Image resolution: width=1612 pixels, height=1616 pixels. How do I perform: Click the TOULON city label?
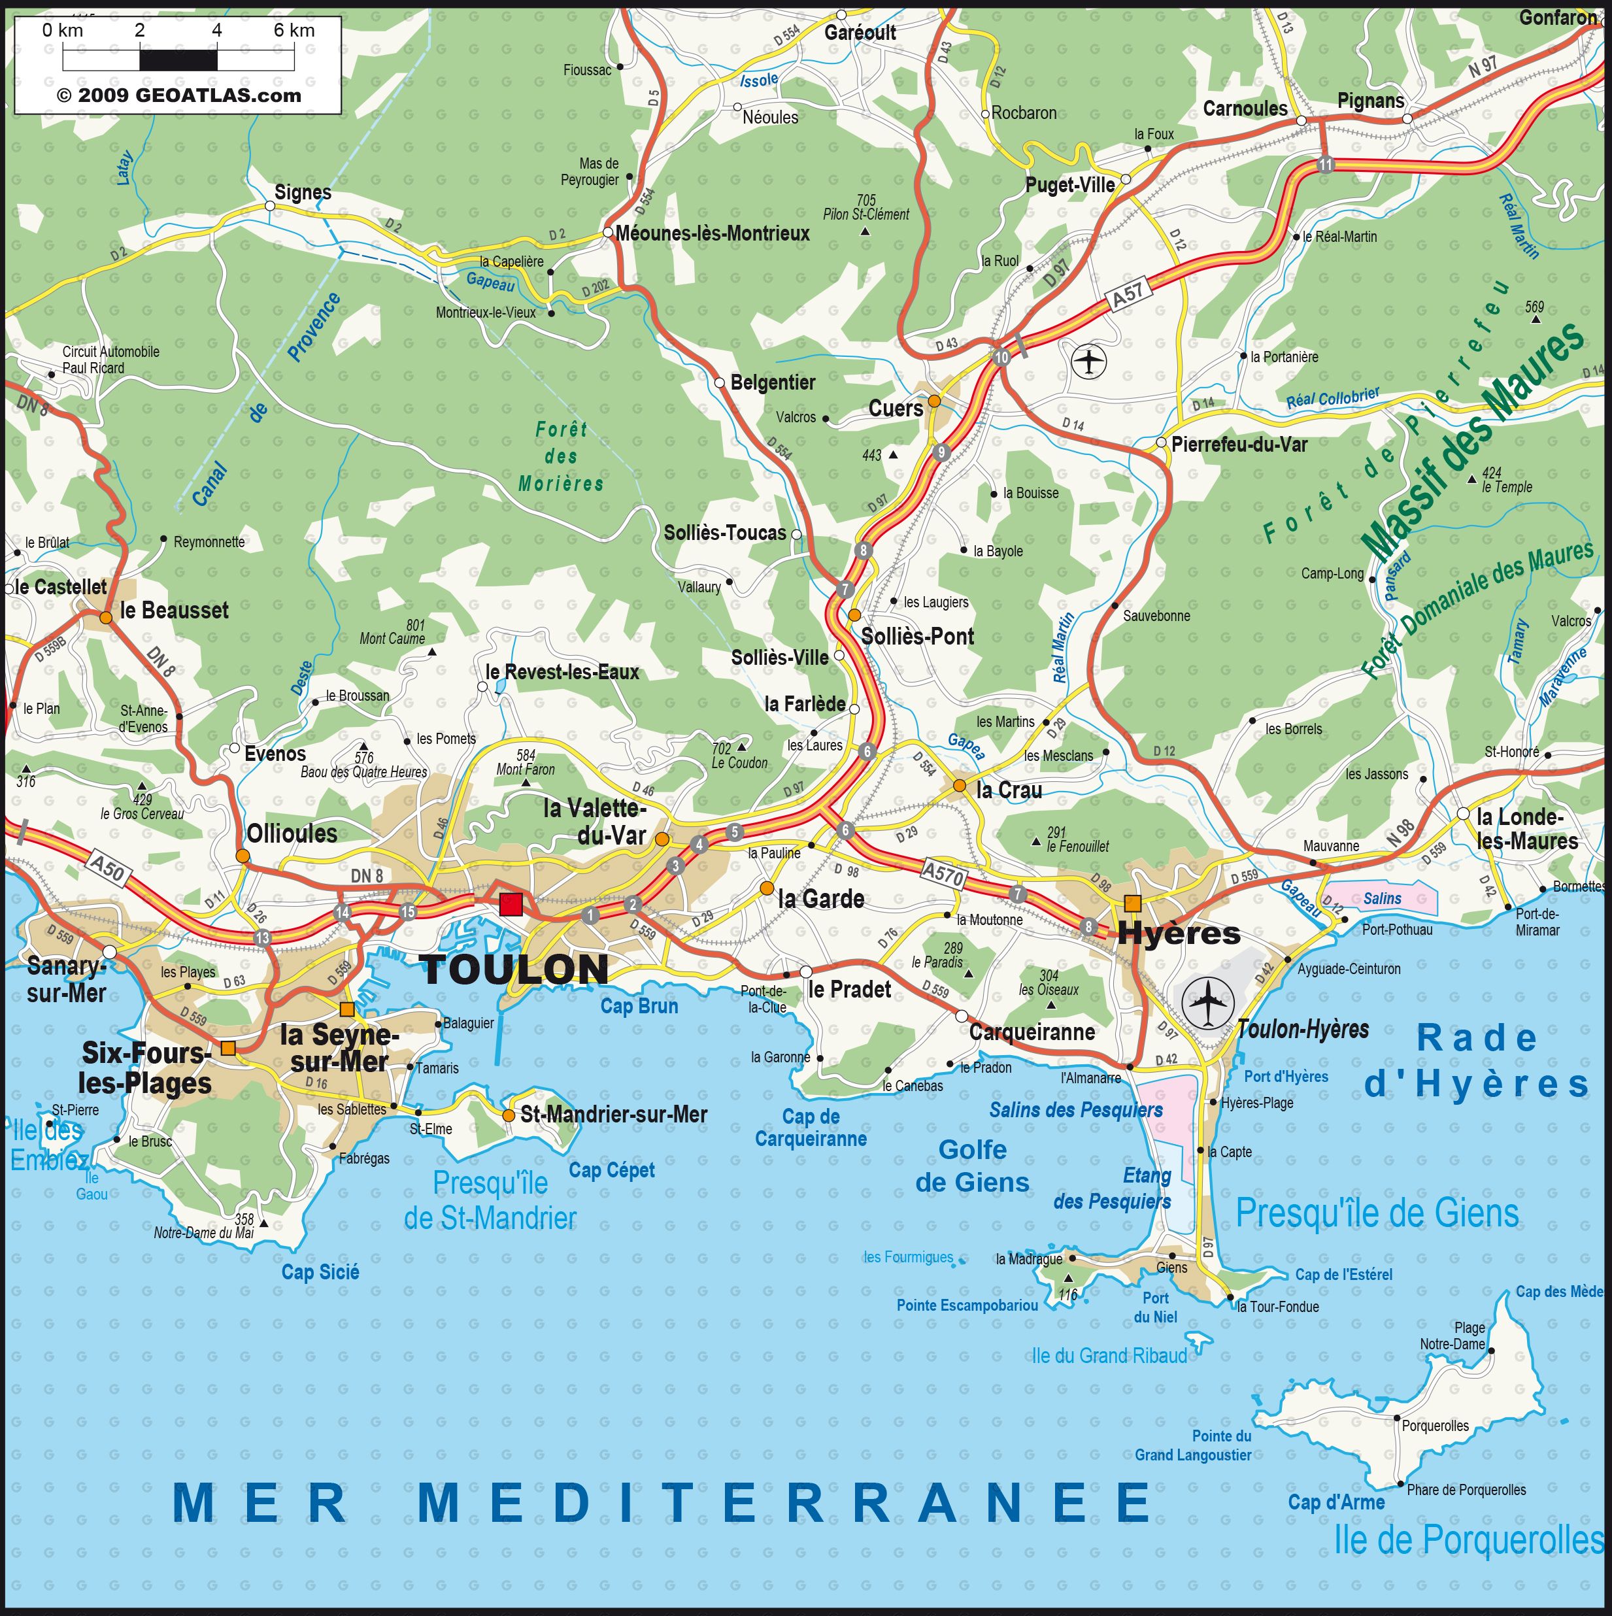(x=514, y=969)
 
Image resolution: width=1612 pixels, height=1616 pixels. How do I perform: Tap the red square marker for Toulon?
(x=511, y=904)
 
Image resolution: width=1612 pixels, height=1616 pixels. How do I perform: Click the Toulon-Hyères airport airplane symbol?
(x=1207, y=1002)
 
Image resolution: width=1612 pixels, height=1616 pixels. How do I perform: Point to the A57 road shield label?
(x=1128, y=293)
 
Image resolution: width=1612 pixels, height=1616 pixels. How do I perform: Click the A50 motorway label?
(x=107, y=869)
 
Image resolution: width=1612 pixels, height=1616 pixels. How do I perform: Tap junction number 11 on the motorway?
(x=1324, y=164)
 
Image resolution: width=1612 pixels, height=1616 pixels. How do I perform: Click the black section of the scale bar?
(x=178, y=60)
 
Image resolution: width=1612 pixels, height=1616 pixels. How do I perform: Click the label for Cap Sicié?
(x=320, y=1272)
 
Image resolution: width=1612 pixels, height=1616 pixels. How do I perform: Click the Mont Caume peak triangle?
(x=431, y=650)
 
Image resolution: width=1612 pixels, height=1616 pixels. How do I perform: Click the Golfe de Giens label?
(x=972, y=1166)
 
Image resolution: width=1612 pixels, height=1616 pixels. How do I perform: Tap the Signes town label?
(x=303, y=192)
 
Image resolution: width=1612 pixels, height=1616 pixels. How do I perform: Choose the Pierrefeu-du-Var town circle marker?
(x=1161, y=442)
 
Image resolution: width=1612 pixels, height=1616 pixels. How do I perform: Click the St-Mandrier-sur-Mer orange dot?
(x=509, y=1115)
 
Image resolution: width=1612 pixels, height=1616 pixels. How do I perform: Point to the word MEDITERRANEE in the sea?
(x=784, y=1502)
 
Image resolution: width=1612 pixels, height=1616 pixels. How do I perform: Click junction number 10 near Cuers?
(x=1001, y=357)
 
